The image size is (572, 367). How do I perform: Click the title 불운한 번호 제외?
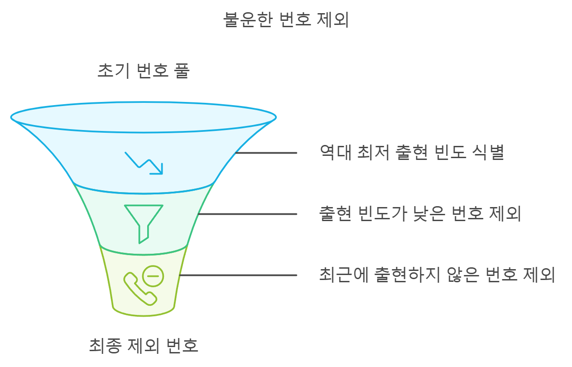pyautogui.click(x=286, y=20)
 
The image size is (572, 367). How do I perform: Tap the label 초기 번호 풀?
pyautogui.click(x=144, y=71)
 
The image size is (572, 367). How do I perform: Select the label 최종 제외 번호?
pyautogui.click(x=144, y=346)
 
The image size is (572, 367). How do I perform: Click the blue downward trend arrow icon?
pyautogui.click(x=144, y=163)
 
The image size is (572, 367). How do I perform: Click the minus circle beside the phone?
pyautogui.click(x=153, y=275)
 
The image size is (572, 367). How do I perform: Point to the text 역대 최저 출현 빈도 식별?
pyautogui.click(x=412, y=153)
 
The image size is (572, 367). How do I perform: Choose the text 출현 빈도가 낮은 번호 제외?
pyautogui.click(x=420, y=214)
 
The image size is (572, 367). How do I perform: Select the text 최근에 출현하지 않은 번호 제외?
pyautogui.click(x=437, y=275)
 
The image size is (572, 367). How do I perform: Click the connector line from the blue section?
pyautogui.click(x=266, y=153)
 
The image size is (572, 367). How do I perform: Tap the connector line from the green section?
pyautogui.click(x=247, y=214)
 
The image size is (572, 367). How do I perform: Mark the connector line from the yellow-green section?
pyautogui.click(x=238, y=275)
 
